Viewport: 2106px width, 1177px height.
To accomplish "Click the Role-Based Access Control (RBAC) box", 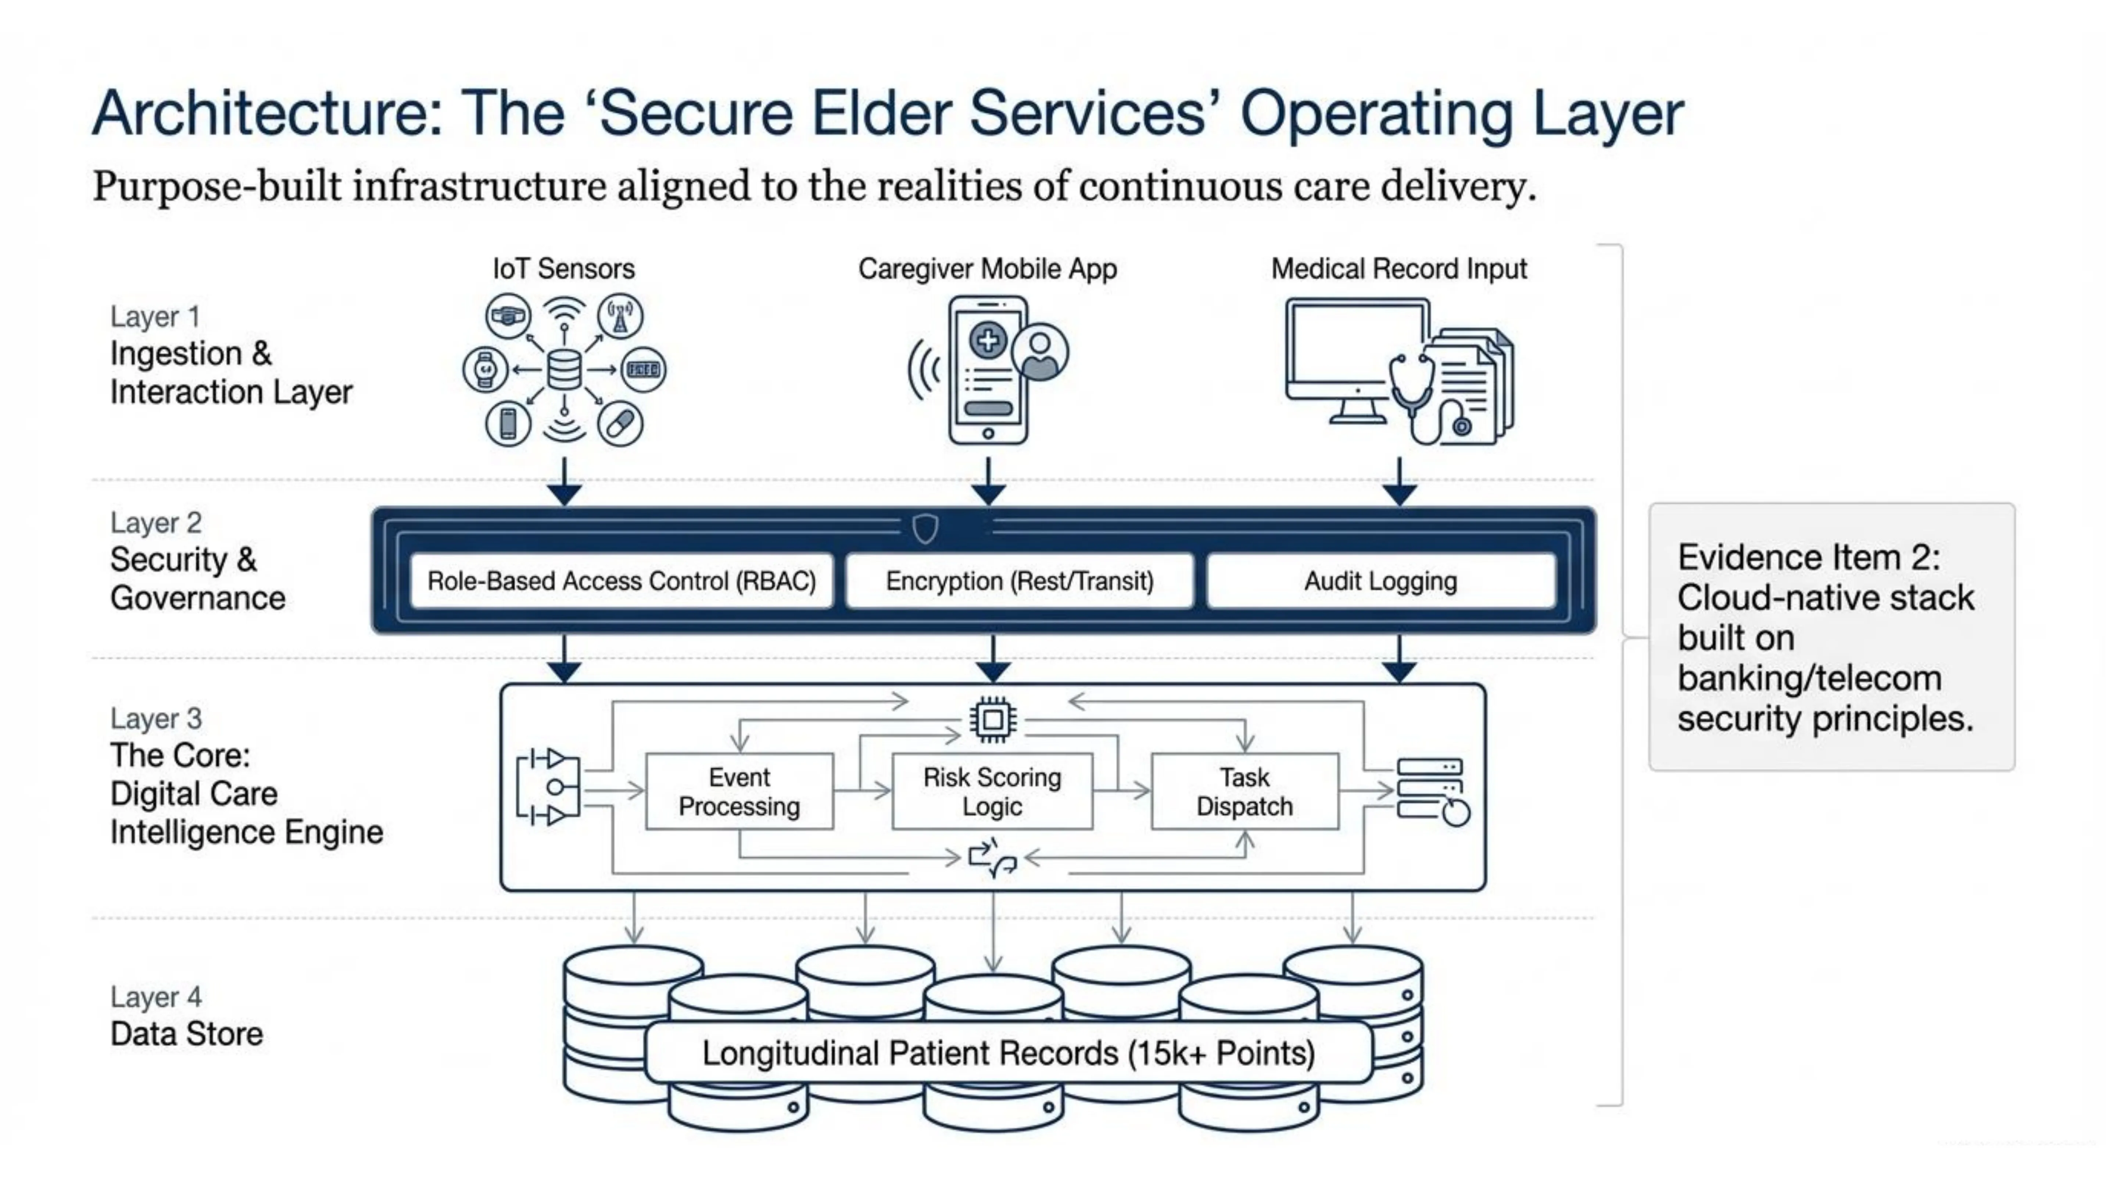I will coord(622,581).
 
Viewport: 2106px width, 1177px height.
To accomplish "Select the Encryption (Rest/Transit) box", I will coord(1020,581).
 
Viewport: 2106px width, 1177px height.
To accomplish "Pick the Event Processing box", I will coord(739,791).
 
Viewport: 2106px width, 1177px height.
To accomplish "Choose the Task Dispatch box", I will coord(1244,791).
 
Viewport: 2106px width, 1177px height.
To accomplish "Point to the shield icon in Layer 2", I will coord(925,529).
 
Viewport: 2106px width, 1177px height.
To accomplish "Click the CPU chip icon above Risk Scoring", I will coord(992,720).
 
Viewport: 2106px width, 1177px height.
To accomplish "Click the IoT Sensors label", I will coord(563,268).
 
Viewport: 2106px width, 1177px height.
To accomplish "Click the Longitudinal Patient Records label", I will coord(1008,1053).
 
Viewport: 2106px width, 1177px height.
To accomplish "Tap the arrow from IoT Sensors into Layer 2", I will coord(564,483).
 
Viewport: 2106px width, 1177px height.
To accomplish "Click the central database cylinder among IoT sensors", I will coord(564,370).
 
